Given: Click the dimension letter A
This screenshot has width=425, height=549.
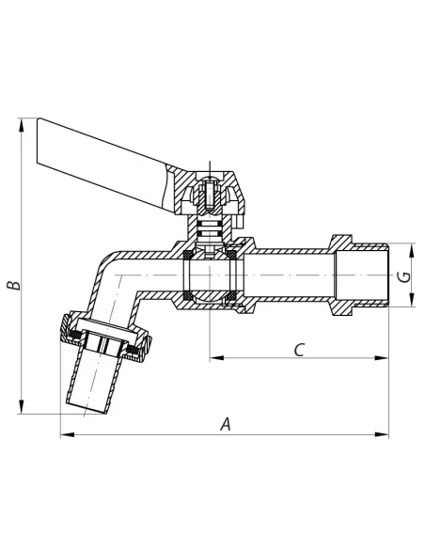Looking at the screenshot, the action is [226, 424].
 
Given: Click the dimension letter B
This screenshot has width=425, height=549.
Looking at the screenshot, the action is [14, 285].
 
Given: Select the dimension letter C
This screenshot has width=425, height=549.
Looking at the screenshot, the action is [299, 350].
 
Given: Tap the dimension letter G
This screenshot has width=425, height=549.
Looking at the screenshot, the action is [404, 276].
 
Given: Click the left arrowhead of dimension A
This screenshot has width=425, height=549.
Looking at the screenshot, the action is [67, 435].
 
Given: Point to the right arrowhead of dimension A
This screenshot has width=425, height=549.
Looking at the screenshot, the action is [382, 435].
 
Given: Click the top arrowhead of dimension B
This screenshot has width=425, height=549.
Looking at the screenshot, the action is [22, 125].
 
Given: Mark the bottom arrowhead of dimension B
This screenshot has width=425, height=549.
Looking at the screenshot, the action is [22, 406].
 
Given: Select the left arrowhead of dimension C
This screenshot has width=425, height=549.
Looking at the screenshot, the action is [216, 358].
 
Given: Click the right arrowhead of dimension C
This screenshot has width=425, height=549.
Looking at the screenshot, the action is [382, 358].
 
